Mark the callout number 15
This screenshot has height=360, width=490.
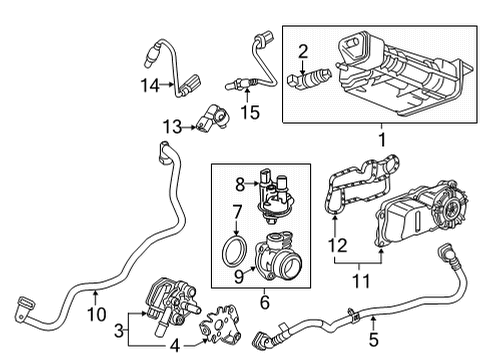click(252, 113)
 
